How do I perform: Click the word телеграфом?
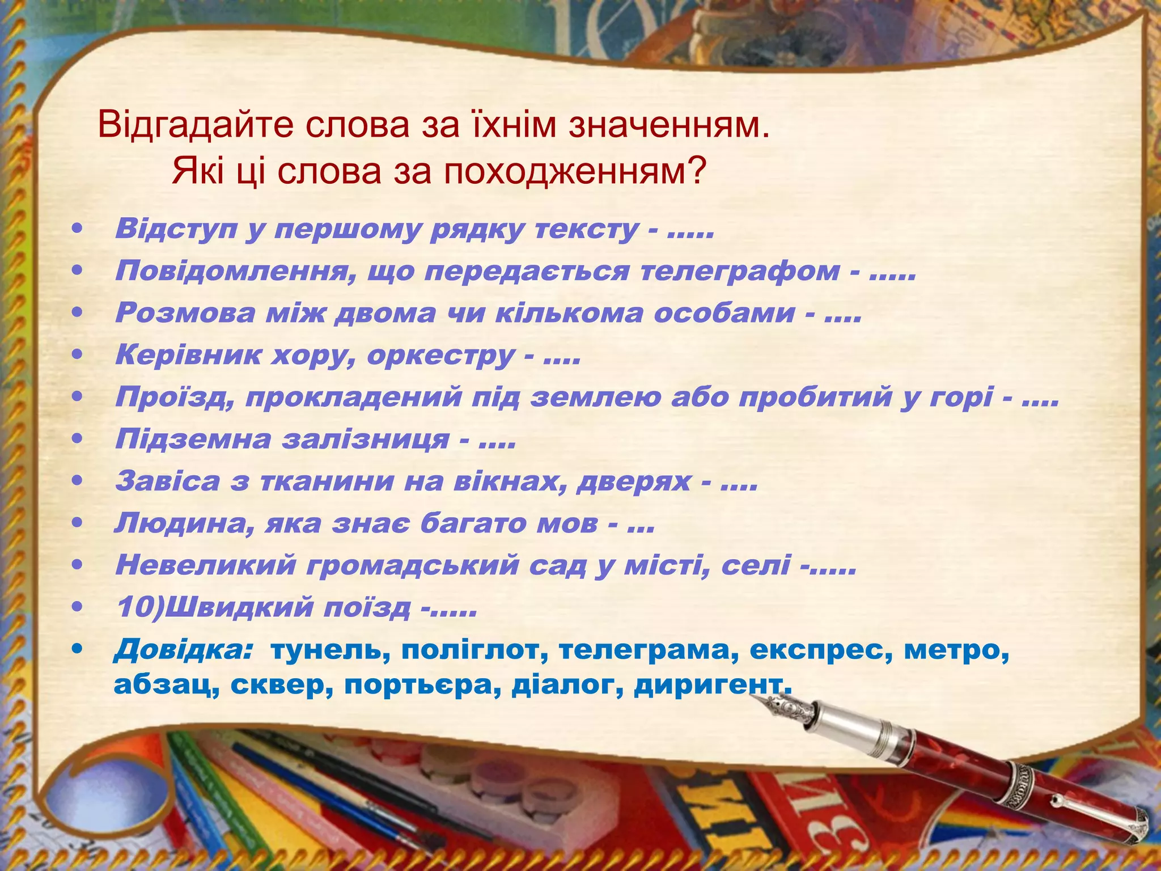(x=740, y=270)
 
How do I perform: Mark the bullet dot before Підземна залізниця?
(x=78, y=439)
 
